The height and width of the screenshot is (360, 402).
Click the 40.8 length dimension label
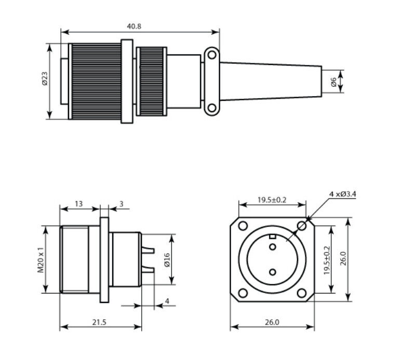(134, 26)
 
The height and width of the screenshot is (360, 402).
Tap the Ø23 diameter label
(45, 78)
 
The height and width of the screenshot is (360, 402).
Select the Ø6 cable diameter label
(333, 82)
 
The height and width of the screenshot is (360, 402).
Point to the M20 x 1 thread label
(41, 260)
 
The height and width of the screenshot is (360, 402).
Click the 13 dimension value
(79, 204)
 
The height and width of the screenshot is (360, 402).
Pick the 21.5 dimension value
(100, 322)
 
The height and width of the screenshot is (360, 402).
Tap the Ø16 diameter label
(167, 260)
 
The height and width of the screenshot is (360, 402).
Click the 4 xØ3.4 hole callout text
(343, 194)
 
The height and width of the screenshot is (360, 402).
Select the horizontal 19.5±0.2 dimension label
(272, 200)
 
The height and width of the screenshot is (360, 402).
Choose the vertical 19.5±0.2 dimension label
(327, 260)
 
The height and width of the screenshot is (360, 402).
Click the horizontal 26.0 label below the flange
(272, 322)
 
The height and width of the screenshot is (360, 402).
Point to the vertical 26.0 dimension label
(344, 258)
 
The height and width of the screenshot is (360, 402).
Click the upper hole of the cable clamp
(212, 55)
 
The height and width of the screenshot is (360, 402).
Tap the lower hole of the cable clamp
(212, 108)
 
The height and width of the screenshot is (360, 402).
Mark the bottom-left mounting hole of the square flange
(243, 293)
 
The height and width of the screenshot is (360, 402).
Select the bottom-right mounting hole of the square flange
(302, 293)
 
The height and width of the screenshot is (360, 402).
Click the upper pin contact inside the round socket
(273, 247)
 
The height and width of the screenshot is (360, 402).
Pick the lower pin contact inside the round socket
(273, 272)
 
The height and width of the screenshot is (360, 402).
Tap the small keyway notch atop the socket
(272, 236)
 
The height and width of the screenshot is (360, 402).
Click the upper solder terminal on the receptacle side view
(148, 250)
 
